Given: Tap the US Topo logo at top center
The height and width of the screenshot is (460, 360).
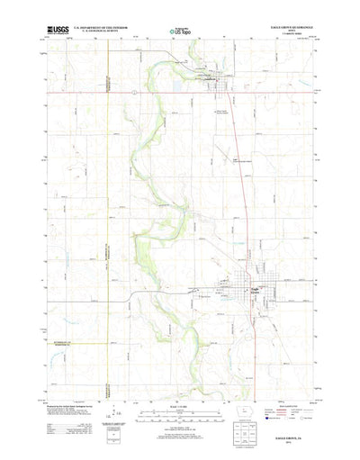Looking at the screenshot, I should [x=180, y=31].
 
